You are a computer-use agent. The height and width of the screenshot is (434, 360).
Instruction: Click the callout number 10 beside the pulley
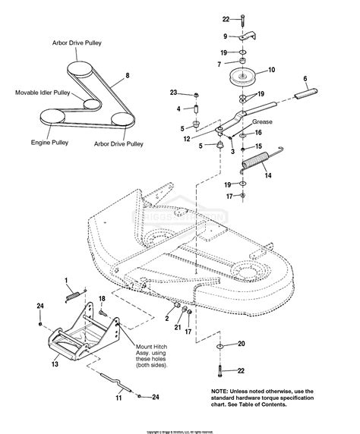click(x=271, y=70)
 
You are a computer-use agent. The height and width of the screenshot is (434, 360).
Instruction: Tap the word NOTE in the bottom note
click(x=221, y=392)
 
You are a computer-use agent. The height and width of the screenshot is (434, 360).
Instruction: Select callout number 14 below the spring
click(x=265, y=175)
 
